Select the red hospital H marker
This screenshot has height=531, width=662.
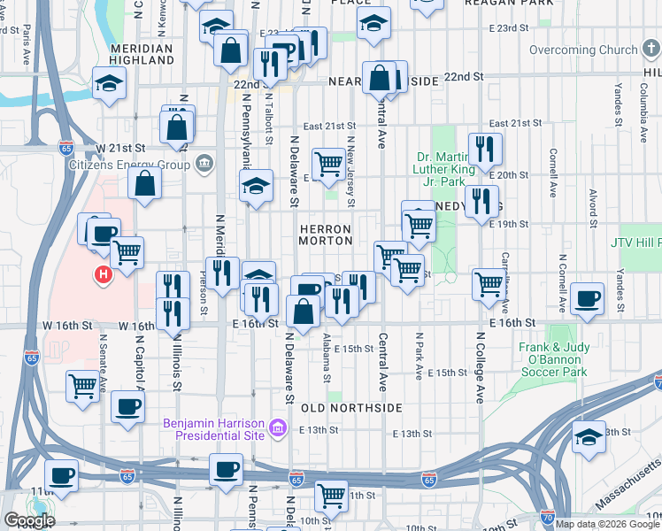pyautogui.click(x=104, y=276)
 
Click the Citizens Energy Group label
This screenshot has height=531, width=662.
pyautogui.click(x=137, y=165)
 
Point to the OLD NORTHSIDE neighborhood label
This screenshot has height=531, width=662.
pyautogui.click(x=352, y=408)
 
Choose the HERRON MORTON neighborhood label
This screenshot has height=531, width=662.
pyautogui.click(x=325, y=235)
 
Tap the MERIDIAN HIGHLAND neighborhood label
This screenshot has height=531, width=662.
pyautogui.click(x=142, y=54)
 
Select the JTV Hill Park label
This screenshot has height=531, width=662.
pyautogui.click(x=635, y=242)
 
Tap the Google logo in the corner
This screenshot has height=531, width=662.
pyautogui.click(x=30, y=520)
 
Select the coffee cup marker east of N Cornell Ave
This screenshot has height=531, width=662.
pyautogui.click(x=588, y=298)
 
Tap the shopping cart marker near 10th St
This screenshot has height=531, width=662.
pyautogui.click(x=331, y=495)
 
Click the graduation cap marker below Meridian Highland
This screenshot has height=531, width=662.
pyautogui.click(x=110, y=83)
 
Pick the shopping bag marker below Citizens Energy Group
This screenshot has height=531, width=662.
pyautogui.click(x=145, y=184)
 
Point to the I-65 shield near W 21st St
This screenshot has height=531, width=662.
pyautogui.click(x=66, y=147)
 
